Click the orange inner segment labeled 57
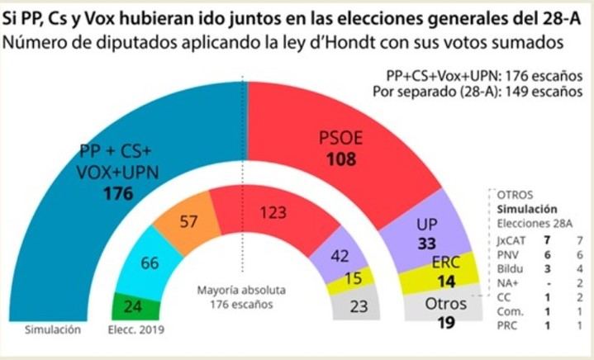click(188, 220)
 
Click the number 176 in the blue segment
click(118, 194)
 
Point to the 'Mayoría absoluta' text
click(241, 291)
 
